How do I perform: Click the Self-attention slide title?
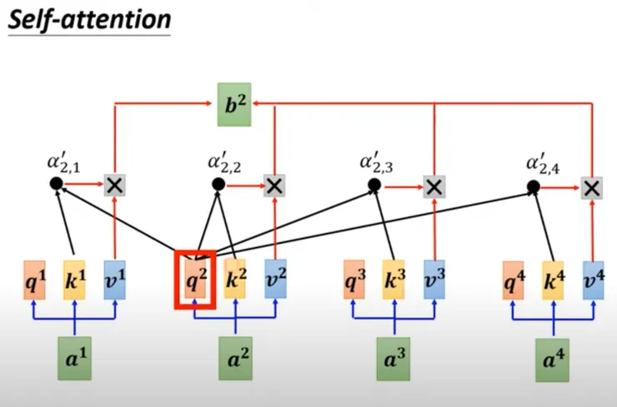tap(88, 18)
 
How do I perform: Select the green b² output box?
tap(234, 105)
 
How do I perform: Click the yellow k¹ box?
tap(75, 280)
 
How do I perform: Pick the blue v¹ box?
tap(114, 280)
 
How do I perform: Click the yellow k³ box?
tap(394, 280)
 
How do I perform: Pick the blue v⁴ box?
tap(593, 280)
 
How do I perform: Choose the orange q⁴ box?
tap(514, 280)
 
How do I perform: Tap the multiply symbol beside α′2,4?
tap(592, 186)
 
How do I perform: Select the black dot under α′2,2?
tap(218, 184)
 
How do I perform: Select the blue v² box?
tap(275, 280)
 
